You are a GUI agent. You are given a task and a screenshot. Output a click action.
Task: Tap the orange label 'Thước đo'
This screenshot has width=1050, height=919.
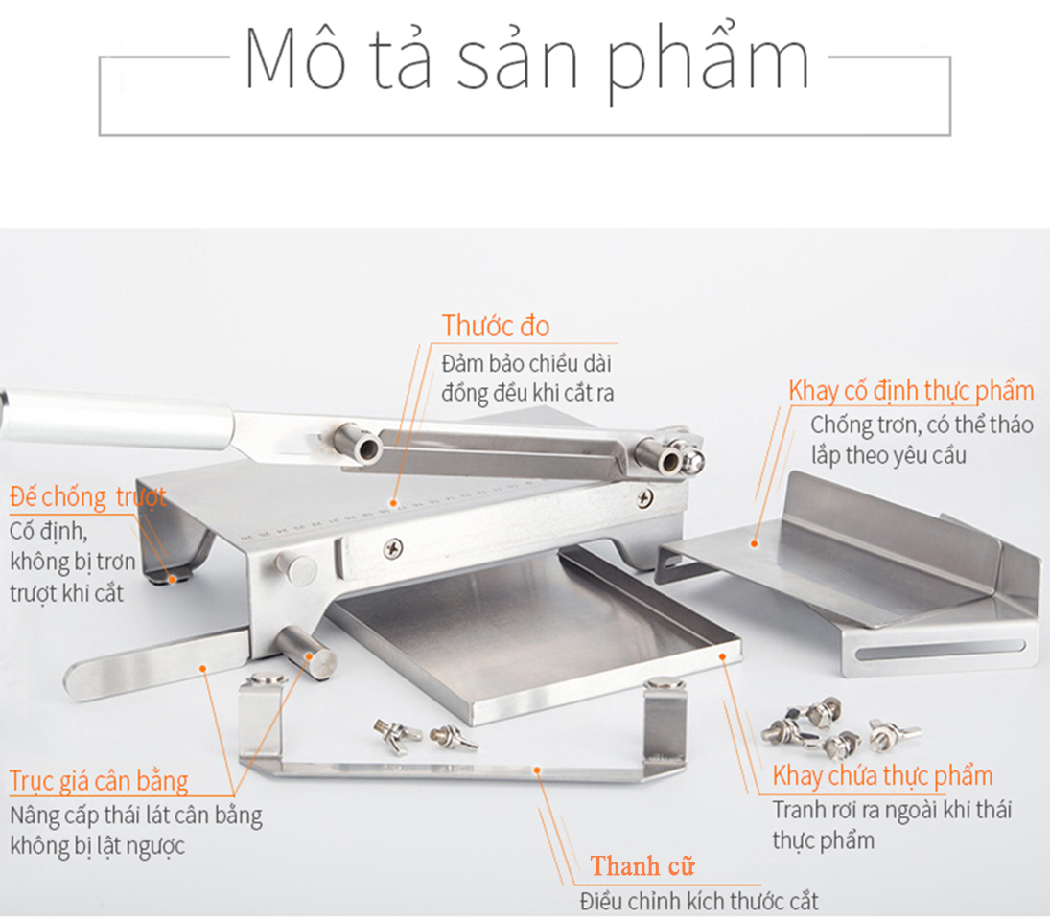pyautogui.click(x=496, y=326)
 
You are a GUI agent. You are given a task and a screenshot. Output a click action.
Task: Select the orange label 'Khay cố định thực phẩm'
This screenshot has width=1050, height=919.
pyautogui.click(x=911, y=391)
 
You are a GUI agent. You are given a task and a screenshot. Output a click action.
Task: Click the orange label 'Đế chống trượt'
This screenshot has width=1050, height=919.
pyautogui.click(x=87, y=497)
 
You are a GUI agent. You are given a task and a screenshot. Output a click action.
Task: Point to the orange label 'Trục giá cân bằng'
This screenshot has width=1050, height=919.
pyautogui.click(x=99, y=781)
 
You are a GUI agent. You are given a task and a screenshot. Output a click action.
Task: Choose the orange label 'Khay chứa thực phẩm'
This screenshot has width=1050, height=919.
pyautogui.click(x=882, y=776)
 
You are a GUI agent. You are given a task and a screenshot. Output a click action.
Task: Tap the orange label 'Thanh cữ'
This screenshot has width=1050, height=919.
pyautogui.click(x=642, y=866)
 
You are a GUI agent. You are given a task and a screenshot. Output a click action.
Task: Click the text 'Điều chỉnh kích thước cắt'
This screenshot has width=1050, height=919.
pyautogui.click(x=699, y=902)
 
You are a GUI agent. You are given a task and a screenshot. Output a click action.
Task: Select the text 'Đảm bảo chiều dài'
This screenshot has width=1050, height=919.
pyautogui.click(x=526, y=363)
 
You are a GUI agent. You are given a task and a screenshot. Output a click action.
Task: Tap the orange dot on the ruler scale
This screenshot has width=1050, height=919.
pyautogui.click(x=394, y=503)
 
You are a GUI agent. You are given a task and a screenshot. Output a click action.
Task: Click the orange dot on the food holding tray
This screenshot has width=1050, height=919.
pyautogui.click(x=723, y=656)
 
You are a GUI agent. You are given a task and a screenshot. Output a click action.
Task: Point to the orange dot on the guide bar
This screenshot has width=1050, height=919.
pyautogui.click(x=536, y=770)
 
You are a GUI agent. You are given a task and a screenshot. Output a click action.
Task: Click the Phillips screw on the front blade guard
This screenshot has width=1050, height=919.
pyautogui.click(x=393, y=549)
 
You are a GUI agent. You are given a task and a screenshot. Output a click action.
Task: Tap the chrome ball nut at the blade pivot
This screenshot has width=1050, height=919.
pyautogui.click(x=693, y=459)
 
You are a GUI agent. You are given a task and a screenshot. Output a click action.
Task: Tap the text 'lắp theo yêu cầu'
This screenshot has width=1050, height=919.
pyautogui.click(x=889, y=456)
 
